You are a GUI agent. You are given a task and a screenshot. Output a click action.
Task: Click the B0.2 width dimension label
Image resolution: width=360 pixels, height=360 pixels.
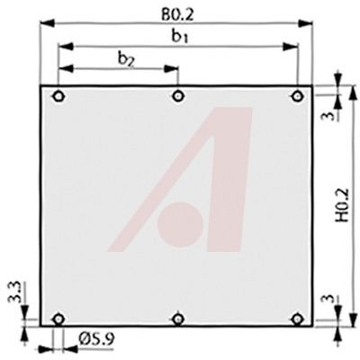point(177,14)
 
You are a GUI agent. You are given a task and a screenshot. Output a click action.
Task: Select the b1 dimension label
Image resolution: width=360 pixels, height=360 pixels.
point(180,37)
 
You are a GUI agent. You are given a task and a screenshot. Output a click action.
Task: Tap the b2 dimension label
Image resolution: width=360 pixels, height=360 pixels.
point(126,59)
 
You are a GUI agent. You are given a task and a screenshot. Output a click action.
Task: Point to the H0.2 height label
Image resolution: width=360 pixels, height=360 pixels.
point(342,205)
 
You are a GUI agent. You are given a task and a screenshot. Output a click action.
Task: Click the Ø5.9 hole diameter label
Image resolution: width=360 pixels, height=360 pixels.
point(96,340)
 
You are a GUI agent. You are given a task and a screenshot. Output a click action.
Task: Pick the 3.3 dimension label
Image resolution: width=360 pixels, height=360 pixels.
point(15,292)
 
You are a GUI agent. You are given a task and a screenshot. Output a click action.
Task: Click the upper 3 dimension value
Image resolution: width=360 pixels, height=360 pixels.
point(328,115)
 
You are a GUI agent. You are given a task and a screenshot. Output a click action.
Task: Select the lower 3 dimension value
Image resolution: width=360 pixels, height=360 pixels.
point(328,301)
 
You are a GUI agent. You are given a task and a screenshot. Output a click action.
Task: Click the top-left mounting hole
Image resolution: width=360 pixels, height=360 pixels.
point(58,96)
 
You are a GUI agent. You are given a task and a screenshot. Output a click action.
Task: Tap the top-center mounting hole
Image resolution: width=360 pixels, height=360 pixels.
point(178,96)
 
